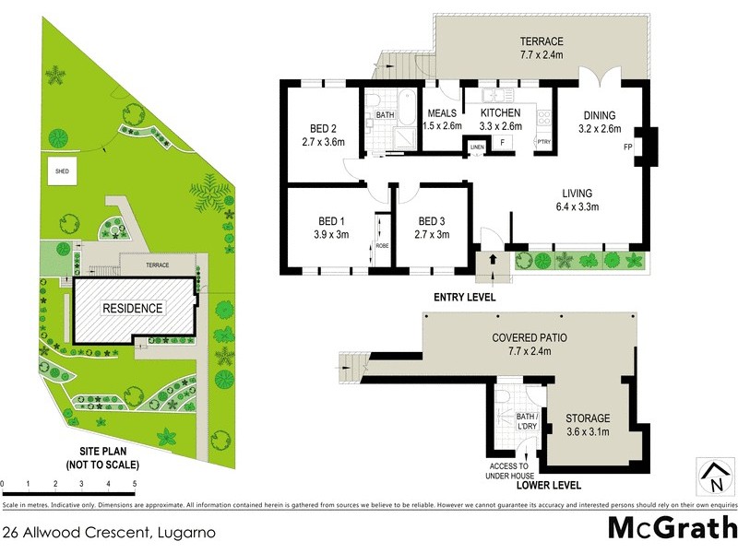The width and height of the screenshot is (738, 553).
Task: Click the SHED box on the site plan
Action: pos(63,171)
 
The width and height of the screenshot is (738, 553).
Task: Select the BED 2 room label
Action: pos(322,129)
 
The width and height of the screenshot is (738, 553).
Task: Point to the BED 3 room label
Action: pos(433,221)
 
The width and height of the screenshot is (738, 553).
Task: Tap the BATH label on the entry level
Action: pos(386,115)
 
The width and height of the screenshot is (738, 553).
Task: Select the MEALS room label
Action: pos(441,113)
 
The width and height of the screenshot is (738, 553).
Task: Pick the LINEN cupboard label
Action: pos(477,147)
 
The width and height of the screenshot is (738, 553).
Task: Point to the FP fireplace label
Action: pos(628,147)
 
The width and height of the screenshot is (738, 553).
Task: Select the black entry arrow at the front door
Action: pos(492,260)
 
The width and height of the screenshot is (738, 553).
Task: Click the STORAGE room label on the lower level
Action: pos(588,418)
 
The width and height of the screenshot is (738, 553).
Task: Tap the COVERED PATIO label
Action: pos(530,338)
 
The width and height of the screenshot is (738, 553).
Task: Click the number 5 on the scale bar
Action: pos(135,484)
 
